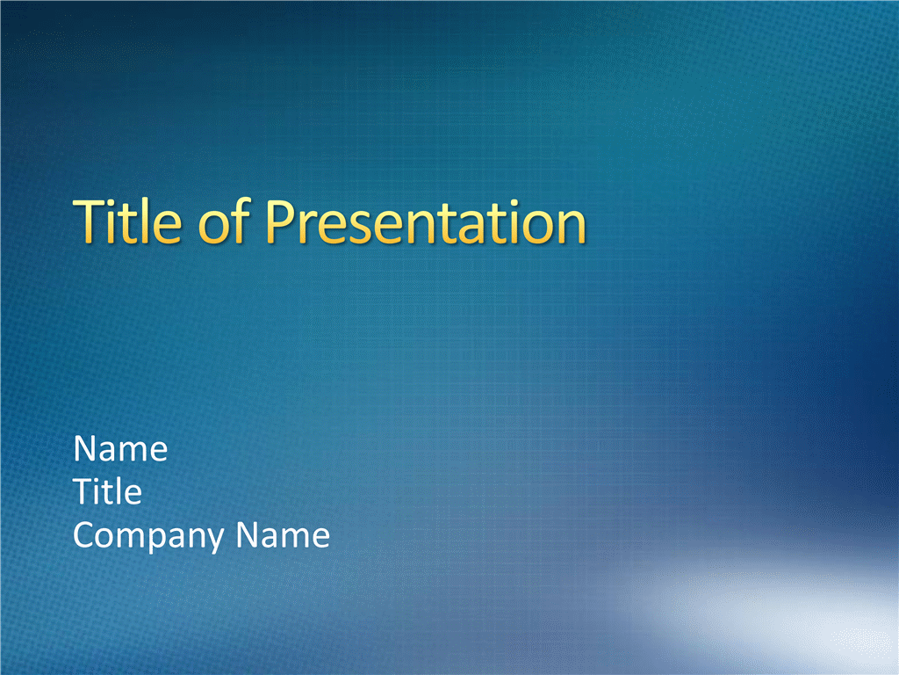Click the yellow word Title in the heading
point(127,221)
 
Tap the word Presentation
point(426,222)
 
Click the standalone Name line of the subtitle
point(120,448)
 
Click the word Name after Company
point(283,535)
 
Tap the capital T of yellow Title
point(89,221)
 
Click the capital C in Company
point(84,535)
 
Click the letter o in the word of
point(213,228)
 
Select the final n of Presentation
point(572,228)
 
